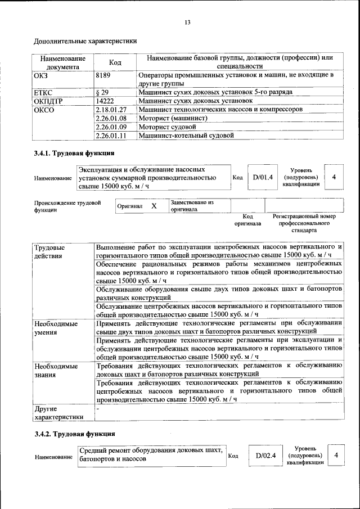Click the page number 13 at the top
[x=187, y=22]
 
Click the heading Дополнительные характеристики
[x=85, y=41]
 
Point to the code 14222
[x=105, y=101]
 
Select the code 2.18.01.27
[x=111, y=110]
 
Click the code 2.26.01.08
[x=111, y=118]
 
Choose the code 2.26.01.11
[x=111, y=136]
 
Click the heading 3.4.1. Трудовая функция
[x=74, y=153]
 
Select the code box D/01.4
[x=262, y=177]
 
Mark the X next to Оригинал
[x=154, y=206]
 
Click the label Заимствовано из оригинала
[x=192, y=206]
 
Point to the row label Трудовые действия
[x=49, y=252]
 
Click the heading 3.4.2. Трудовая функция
[x=74, y=434]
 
